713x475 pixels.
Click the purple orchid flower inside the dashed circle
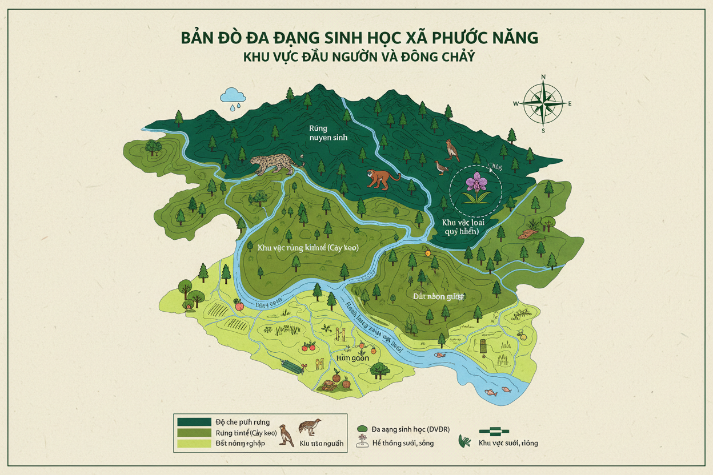(474, 184)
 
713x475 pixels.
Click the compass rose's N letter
(543, 77)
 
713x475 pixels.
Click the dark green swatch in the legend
(194, 421)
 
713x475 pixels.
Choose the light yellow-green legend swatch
(194, 443)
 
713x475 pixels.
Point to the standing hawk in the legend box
(287, 435)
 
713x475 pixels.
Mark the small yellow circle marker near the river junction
(426, 249)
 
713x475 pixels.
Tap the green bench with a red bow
(290, 365)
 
